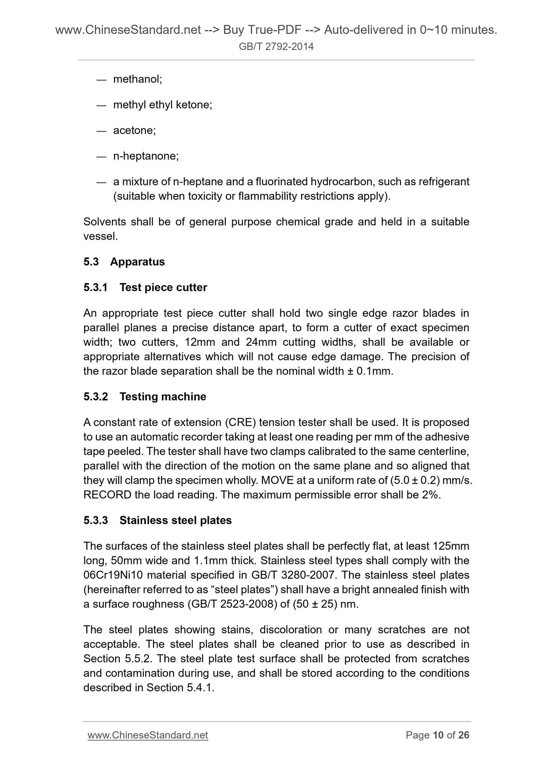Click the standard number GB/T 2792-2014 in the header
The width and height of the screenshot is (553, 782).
[276, 47]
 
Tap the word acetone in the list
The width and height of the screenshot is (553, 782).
[134, 130]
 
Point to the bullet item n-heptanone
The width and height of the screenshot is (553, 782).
[146, 156]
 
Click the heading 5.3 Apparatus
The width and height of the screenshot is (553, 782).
[124, 262]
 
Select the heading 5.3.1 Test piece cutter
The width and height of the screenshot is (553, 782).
[145, 287]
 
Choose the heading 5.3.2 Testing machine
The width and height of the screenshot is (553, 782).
[145, 397]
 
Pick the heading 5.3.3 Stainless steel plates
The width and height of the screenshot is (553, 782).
[157, 520]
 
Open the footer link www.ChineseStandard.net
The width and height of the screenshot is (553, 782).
[148, 735]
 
